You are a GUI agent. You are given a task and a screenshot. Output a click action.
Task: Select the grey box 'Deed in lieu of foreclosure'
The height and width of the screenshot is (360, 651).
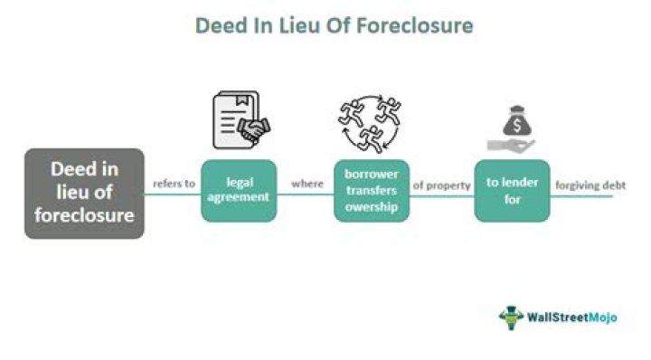[x=84, y=194]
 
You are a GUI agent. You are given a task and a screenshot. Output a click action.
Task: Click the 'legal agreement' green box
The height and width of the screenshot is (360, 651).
[x=239, y=191]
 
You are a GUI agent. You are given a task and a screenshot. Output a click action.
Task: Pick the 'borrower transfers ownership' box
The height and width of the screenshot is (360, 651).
[x=371, y=191]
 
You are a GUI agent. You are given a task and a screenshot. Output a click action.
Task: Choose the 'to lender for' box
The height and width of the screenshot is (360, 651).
[x=512, y=191]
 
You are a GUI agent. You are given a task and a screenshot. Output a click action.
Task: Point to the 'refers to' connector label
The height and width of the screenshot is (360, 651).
[x=173, y=184]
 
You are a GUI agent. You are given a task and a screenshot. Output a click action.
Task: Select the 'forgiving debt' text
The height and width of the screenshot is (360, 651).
[x=590, y=185]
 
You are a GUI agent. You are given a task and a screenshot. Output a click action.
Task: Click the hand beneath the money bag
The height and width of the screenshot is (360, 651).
[x=511, y=144]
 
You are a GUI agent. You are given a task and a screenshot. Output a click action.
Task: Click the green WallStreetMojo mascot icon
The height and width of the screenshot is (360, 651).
[x=512, y=317]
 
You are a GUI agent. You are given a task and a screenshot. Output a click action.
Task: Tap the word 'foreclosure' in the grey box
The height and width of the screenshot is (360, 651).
[x=84, y=215]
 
